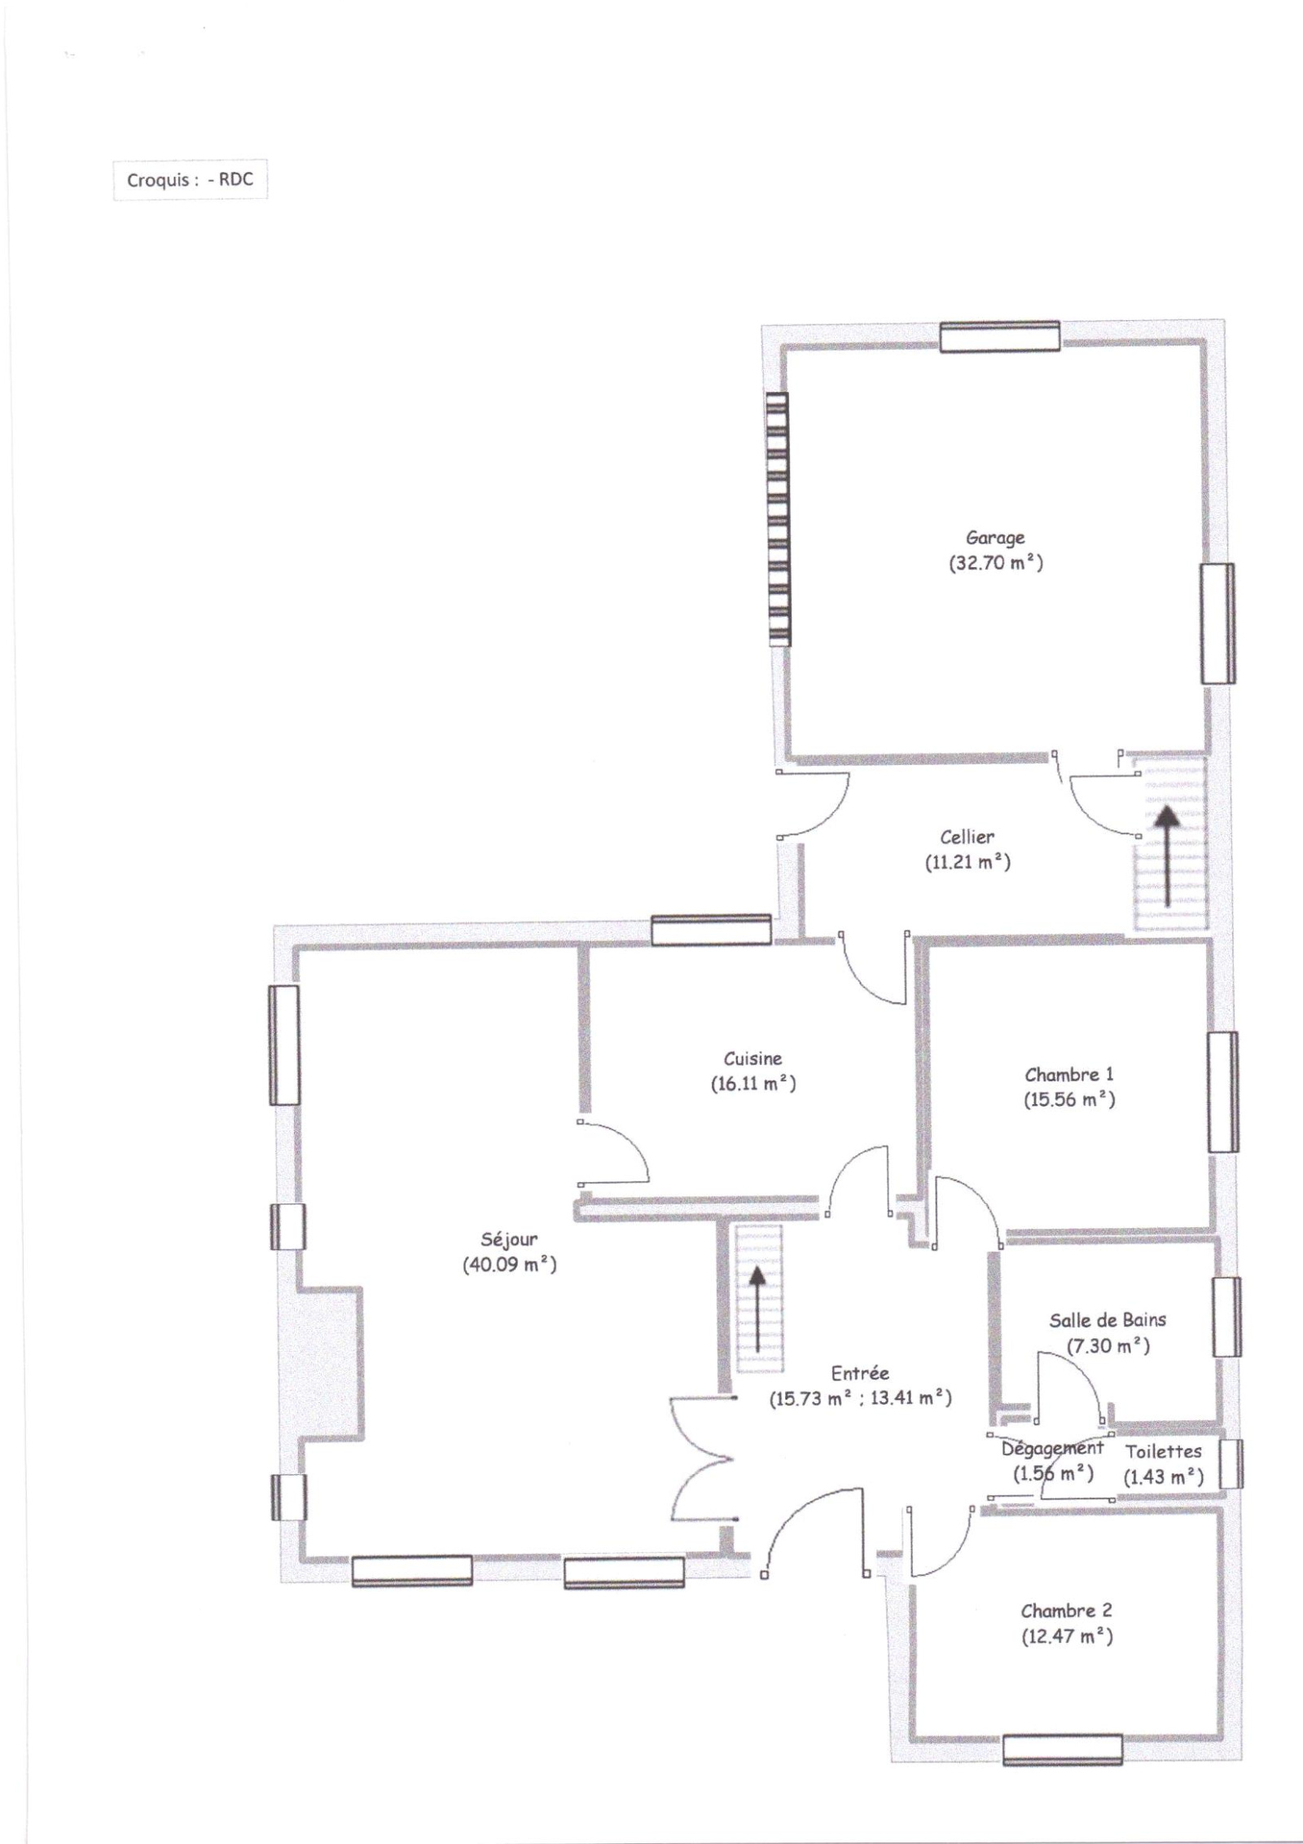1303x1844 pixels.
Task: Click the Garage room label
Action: (x=994, y=538)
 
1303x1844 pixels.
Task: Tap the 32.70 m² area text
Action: (x=995, y=563)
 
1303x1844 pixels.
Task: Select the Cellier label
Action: (x=967, y=837)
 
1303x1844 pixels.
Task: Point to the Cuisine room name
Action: (x=752, y=1058)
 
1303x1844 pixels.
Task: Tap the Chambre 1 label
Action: (x=1068, y=1075)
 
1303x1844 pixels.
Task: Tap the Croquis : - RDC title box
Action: (x=190, y=180)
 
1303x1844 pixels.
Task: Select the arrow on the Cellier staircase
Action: (x=1167, y=856)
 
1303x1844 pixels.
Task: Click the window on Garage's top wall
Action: (x=1000, y=337)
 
